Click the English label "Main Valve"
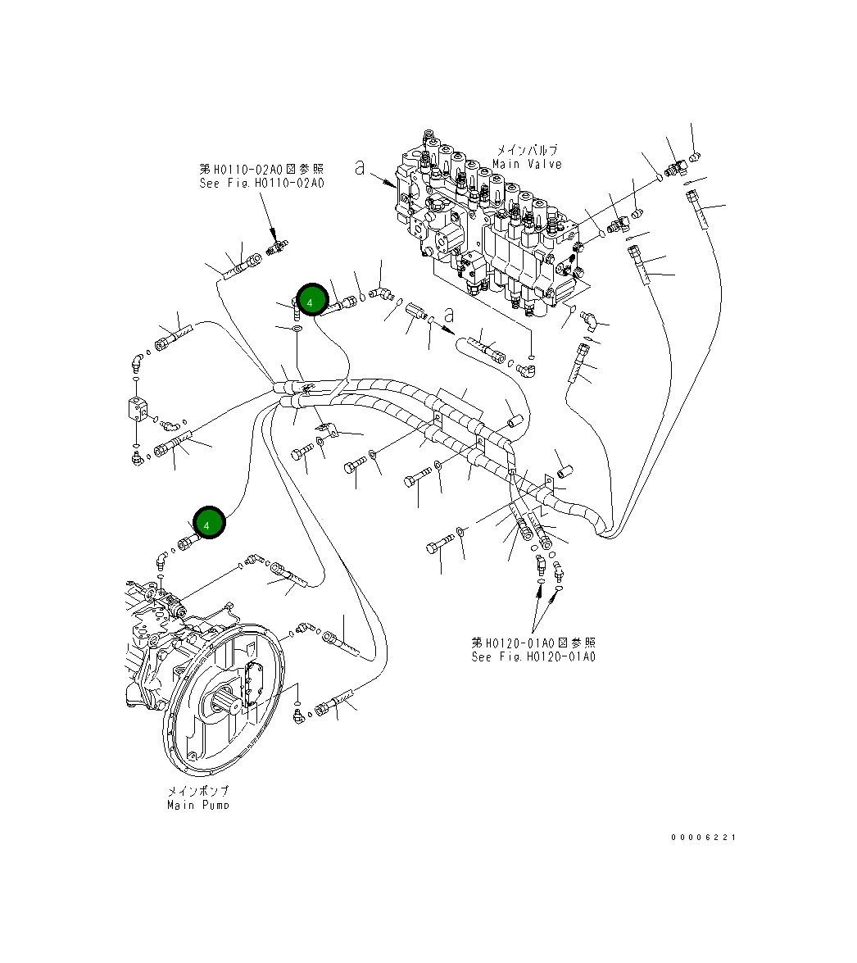[x=527, y=164]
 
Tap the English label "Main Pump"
[x=197, y=805]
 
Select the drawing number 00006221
[x=703, y=837]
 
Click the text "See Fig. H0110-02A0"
[x=261, y=183]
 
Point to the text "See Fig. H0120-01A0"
[x=533, y=656]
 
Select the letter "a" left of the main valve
[x=359, y=168]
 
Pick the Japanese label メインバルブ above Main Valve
[x=527, y=151]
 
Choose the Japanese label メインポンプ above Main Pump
[x=197, y=792]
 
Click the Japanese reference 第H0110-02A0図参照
[x=261, y=169]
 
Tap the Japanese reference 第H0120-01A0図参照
[x=533, y=643]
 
